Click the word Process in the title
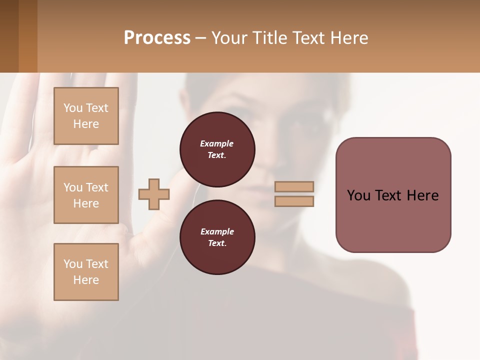(x=157, y=38)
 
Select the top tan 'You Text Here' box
(x=86, y=116)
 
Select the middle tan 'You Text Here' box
(x=86, y=195)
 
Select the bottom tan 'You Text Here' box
(x=86, y=271)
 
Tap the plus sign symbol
(x=154, y=194)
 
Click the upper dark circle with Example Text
(x=217, y=149)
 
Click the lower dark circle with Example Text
(x=217, y=237)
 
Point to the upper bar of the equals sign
(x=294, y=186)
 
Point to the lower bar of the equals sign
(x=294, y=201)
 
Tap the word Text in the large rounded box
(x=393, y=195)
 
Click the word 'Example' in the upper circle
(x=217, y=143)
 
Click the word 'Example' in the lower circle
(x=217, y=231)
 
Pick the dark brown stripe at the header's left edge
(x=9, y=36)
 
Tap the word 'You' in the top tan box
(x=73, y=108)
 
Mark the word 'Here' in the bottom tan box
(x=86, y=280)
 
